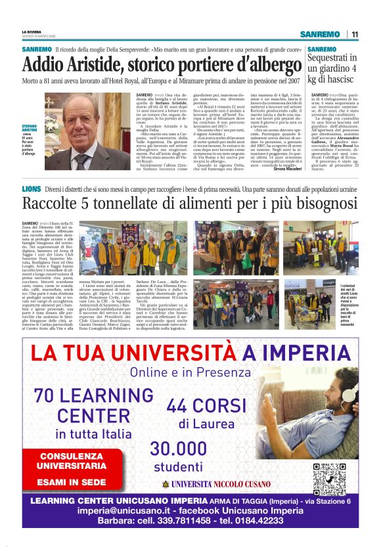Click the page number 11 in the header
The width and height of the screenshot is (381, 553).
click(x=355, y=34)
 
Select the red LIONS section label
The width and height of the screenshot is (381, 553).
click(x=31, y=189)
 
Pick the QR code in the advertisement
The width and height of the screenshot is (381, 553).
click(x=329, y=479)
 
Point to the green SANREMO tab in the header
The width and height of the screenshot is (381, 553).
click(x=318, y=34)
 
